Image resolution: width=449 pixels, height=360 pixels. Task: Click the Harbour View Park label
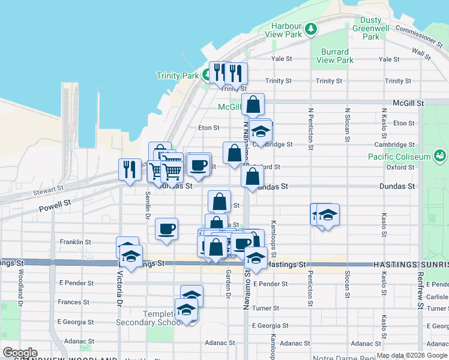(285, 30)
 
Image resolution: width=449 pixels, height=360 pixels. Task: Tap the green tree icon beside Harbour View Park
(310, 28)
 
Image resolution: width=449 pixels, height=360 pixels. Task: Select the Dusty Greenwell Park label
(371, 28)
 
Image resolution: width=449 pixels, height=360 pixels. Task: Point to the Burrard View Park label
(334, 56)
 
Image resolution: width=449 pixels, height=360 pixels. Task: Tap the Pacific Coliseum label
(400, 157)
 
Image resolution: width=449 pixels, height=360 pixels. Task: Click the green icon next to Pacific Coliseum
(441, 157)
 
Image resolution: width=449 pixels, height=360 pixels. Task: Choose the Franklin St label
(75, 242)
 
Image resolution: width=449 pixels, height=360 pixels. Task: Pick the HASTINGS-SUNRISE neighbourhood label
(411, 264)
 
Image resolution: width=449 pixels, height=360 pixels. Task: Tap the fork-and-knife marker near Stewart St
(130, 170)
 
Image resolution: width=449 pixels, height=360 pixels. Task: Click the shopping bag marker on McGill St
(253, 104)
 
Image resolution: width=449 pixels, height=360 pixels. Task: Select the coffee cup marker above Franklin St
(166, 229)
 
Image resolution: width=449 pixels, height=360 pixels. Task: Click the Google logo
(20, 353)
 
